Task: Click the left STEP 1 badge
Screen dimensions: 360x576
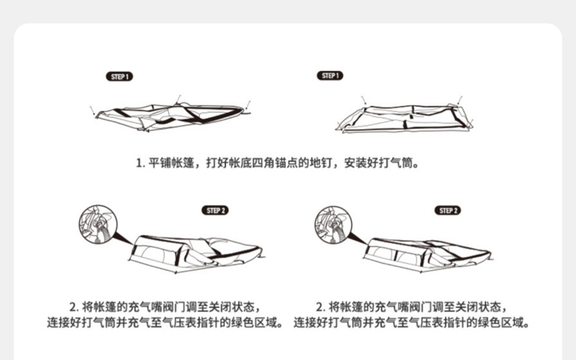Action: pos(120,76)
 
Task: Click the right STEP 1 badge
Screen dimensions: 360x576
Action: pos(329,76)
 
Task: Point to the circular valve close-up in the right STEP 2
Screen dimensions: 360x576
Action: pos(332,224)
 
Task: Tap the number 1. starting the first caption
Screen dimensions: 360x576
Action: pos(140,163)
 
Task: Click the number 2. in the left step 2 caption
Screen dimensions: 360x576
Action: pos(73,306)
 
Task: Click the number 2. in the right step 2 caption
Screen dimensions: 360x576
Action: pos(320,306)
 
